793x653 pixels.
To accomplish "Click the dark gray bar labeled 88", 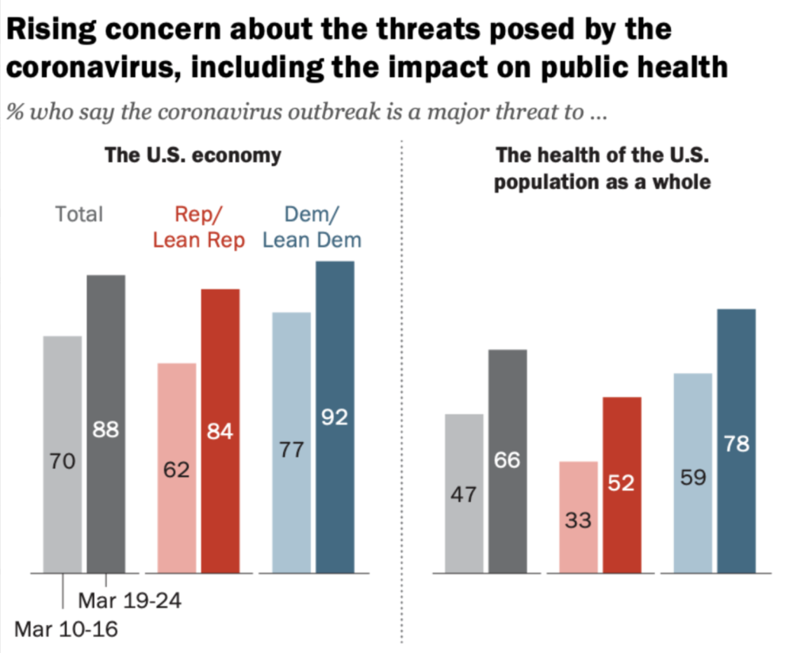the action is click(x=106, y=424).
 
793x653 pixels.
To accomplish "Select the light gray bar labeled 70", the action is click(x=63, y=454).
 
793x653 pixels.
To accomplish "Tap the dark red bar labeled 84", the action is click(x=220, y=431).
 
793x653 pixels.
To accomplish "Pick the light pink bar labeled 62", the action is click(x=177, y=467).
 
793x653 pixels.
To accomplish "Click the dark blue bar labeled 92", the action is click(x=335, y=417).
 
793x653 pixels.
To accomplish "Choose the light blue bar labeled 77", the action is click(x=292, y=443).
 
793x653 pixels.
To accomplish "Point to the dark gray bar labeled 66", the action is click(x=508, y=461).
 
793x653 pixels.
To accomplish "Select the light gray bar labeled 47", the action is click(x=464, y=494).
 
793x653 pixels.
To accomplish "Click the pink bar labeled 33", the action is click(x=579, y=517).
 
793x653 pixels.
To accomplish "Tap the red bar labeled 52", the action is click(x=622, y=485).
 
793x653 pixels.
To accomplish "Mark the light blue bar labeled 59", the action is click(x=693, y=473).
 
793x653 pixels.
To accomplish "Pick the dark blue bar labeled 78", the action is click(x=737, y=441).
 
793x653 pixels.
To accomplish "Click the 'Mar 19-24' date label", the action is click(x=130, y=601).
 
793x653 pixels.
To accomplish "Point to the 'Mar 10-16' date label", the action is click(x=67, y=629).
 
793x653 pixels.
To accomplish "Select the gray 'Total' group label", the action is click(x=79, y=214).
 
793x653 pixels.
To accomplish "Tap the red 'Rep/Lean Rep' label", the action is click(x=199, y=227).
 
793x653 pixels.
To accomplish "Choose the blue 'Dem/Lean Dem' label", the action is click(x=312, y=227).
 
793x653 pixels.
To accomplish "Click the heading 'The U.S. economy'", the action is click(x=193, y=155).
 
